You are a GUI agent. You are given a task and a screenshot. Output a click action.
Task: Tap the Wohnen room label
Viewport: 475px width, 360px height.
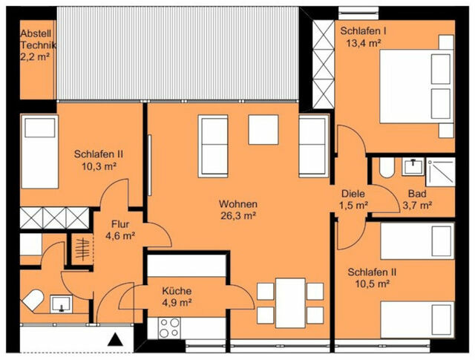point(237,204)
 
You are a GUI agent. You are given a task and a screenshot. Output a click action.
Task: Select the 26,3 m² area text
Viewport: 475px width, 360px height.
point(237,216)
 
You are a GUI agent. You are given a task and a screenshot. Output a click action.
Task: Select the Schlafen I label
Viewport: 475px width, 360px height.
point(363,31)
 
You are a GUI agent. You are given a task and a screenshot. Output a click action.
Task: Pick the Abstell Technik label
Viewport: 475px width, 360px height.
point(37,40)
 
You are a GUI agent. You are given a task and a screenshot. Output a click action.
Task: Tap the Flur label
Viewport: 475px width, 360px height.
point(122,224)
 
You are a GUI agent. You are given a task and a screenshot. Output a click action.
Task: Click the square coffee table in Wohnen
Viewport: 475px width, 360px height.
point(263,130)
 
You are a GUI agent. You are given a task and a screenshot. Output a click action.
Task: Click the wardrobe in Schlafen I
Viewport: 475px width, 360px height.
point(324,60)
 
